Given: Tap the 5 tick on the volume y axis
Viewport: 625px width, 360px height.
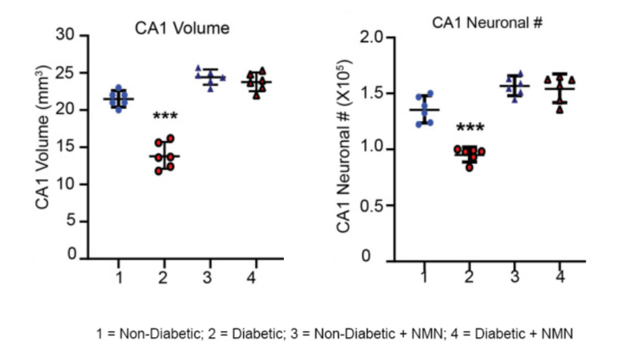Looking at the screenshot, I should (x=70, y=221).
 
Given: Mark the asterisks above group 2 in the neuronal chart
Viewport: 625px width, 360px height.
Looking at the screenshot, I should (x=469, y=129).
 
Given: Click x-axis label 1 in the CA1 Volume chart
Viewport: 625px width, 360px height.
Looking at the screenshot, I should (x=119, y=278).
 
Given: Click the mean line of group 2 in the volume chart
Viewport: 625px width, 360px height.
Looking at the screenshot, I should (x=165, y=156).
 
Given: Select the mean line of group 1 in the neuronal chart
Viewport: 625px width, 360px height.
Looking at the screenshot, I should (x=424, y=109).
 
